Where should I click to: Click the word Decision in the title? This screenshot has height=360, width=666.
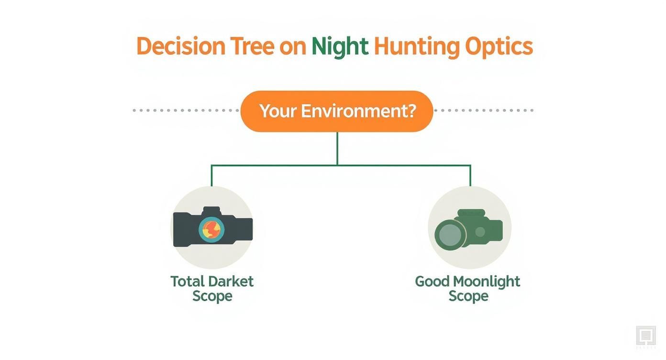(180, 46)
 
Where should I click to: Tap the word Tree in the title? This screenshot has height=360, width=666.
(252, 46)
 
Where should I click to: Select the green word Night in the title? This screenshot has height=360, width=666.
(340, 47)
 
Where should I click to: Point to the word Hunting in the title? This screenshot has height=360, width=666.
(416, 47)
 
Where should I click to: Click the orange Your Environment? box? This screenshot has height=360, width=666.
(337, 111)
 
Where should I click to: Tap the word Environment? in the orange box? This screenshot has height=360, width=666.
(358, 111)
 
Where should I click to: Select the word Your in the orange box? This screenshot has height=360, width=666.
(277, 111)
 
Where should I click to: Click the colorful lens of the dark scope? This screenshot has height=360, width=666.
(211, 228)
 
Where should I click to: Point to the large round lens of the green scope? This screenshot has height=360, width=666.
(450, 234)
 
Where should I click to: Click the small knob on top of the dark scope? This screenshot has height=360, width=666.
(211, 211)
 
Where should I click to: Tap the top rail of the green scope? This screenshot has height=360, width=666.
(471, 213)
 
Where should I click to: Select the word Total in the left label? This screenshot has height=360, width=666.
(187, 281)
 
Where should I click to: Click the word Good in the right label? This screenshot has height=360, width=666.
(432, 281)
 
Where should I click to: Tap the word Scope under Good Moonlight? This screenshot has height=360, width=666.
(468, 296)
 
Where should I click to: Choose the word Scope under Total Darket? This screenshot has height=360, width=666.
(212, 296)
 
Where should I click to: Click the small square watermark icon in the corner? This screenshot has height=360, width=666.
(645, 335)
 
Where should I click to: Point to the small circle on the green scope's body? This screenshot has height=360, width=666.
(480, 232)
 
